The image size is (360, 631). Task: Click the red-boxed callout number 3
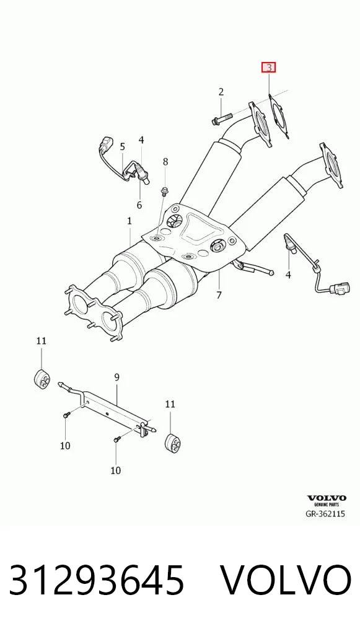pyautogui.click(x=268, y=67)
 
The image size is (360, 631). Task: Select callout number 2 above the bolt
pyautogui.click(x=221, y=92)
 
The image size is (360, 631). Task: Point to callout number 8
pyautogui.click(x=165, y=162)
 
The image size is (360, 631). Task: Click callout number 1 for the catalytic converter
pyautogui.click(x=129, y=221)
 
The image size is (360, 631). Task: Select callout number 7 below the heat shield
pyautogui.click(x=219, y=295)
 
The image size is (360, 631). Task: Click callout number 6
pyautogui.click(x=139, y=205)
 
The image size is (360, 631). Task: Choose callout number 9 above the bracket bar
pyautogui.click(x=116, y=377)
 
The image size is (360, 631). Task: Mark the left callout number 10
pyautogui.click(x=65, y=446)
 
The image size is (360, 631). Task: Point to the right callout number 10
pyautogui.click(x=115, y=470)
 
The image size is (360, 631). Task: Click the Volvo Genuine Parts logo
pyautogui.click(x=327, y=500)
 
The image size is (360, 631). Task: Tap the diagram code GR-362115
pyautogui.click(x=326, y=514)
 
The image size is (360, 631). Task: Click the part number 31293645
pyautogui.click(x=97, y=580)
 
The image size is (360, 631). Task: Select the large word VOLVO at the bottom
pyautogui.click(x=286, y=580)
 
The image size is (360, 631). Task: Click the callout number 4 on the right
pyautogui.click(x=288, y=275)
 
